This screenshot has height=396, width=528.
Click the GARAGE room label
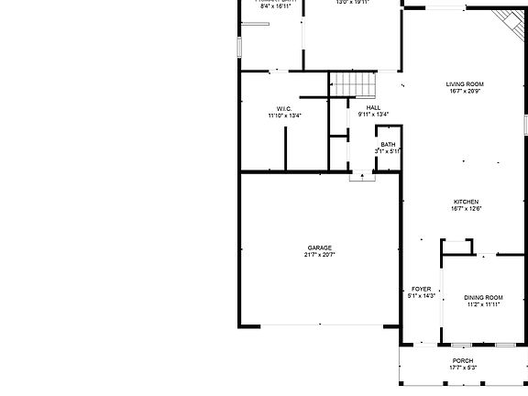(319, 247)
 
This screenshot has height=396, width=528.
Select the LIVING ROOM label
(466, 83)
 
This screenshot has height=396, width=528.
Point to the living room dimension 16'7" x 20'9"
(466, 91)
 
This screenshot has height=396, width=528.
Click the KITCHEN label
(466, 202)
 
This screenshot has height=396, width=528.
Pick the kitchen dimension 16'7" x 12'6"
(466, 209)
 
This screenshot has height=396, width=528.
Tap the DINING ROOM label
(483, 297)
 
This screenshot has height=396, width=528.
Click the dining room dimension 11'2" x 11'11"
(483, 304)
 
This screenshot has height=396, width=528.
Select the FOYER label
(421, 289)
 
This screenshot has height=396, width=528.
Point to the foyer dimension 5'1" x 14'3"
(421, 296)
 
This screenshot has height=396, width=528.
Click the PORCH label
(462, 361)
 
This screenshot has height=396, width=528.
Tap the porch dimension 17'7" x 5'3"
(462, 368)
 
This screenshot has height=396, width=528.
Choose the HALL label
(373, 107)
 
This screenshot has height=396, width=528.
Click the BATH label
(389, 144)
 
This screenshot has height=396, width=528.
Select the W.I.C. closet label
(284, 108)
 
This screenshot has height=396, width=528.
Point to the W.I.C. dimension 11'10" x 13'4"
(284, 115)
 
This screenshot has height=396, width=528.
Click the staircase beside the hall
(354, 84)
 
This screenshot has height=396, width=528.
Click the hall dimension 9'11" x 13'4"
(373, 115)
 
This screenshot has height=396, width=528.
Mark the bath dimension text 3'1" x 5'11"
(389, 151)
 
